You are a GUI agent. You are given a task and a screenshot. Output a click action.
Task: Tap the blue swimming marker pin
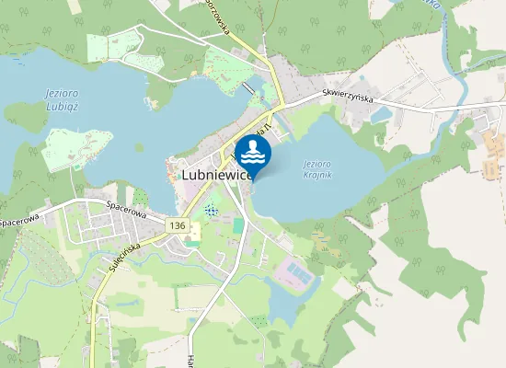(253, 153)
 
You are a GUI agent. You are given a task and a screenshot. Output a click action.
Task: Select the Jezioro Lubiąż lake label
(60, 98)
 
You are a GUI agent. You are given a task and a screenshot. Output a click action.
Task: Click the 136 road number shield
(178, 225)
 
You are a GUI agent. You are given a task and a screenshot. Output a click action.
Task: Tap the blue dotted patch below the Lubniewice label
(213, 210)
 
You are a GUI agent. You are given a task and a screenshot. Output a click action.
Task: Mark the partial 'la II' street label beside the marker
(264, 129)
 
